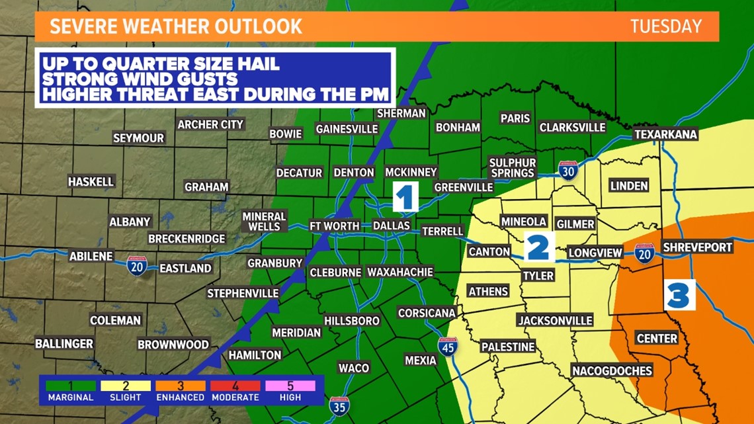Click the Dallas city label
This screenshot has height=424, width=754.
(x=392, y=226)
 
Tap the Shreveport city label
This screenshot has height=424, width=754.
(x=698, y=247)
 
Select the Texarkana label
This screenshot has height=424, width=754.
(x=665, y=134)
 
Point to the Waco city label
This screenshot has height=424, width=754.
(x=353, y=368)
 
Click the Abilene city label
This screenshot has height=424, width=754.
(x=91, y=256)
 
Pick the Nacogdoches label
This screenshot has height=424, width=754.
(x=612, y=370)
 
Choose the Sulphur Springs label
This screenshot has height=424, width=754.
(x=512, y=168)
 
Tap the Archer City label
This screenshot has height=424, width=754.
(x=210, y=124)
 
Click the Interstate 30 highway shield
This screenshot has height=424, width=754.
(x=567, y=171)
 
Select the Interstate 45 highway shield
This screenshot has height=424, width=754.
(x=448, y=347)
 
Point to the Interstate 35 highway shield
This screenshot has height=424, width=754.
(x=339, y=407)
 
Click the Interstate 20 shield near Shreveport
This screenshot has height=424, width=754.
(x=644, y=253)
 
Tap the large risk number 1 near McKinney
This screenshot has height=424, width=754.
(x=405, y=198)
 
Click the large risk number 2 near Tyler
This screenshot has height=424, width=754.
(x=538, y=247)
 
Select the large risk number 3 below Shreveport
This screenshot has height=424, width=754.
(x=679, y=295)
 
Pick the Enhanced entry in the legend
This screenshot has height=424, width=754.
(x=180, y=390)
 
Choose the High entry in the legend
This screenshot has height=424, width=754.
(x=290, y=390)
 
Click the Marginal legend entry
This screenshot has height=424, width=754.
(x=70, y=390)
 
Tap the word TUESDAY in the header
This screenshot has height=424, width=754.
(x=665, y=26)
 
